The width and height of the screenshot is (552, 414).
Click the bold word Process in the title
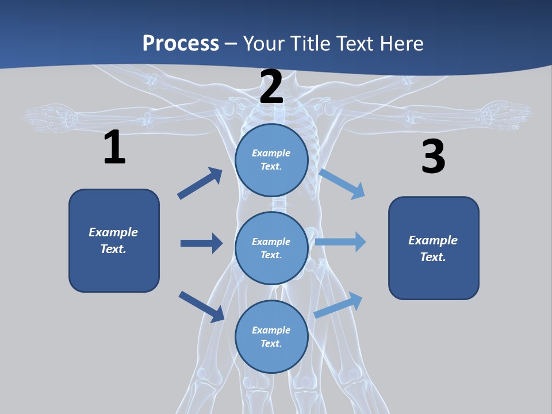181,43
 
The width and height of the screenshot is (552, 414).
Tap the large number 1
114,148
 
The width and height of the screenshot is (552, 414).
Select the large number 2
271,87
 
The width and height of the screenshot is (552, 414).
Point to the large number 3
433,157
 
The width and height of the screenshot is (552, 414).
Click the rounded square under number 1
114,240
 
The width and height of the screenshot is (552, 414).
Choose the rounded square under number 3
434,248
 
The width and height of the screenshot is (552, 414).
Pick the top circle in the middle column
271,160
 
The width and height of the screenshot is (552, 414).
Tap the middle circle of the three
271,248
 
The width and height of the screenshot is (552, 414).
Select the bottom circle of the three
271,337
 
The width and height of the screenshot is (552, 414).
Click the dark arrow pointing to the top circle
200,183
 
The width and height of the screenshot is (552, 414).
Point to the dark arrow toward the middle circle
201,243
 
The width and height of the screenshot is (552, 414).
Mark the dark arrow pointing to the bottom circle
201,306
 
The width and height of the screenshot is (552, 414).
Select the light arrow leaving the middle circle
340,241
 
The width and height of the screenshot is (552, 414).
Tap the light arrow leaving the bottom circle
339,305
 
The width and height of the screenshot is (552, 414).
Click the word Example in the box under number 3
433,240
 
